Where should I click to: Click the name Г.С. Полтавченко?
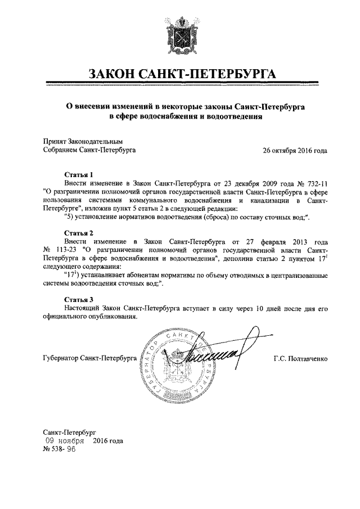coord(300,358)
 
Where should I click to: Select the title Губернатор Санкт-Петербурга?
coord(89,358)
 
